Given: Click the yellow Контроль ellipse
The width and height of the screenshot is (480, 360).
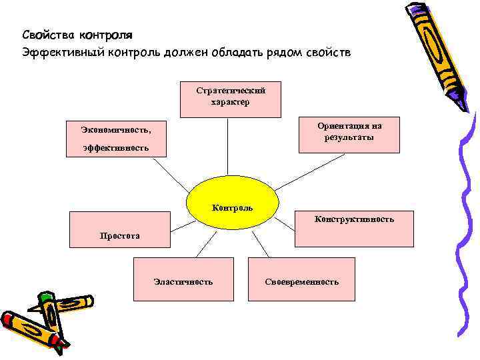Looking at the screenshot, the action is coord(232,207).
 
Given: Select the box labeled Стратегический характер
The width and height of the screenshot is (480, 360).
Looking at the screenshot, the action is coord(230,99).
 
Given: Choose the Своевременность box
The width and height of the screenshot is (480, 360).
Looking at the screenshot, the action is coord(301,281).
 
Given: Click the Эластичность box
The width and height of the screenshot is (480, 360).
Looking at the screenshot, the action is coord(183,281).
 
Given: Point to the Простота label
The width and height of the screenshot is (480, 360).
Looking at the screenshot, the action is coord(120,235).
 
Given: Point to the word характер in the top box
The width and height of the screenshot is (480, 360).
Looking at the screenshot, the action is coord(230,103).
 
